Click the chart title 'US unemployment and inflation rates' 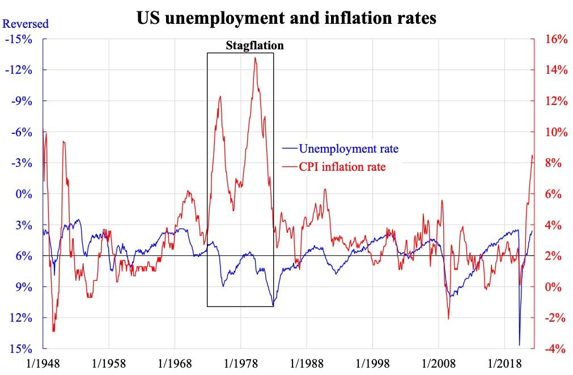click(286, 18)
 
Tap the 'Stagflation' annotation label click(254, 45)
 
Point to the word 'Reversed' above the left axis click(26, 24)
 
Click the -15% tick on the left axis click(19, 40)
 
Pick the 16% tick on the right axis click(556, 40)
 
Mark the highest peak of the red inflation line click(256, 58)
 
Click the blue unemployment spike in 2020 click(520, 344)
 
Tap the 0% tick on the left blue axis click(23, 194)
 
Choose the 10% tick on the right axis click(556, 132)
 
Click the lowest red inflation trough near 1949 click(53, 331)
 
